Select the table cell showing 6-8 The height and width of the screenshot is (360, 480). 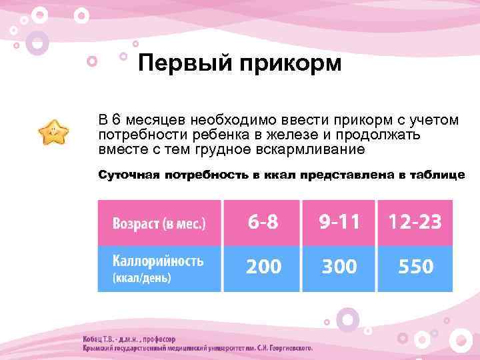click(263, 222)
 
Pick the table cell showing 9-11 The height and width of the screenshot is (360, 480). click(339, 222)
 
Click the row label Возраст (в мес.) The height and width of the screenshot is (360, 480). click(159, 223)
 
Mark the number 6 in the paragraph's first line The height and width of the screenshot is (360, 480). click(116, 121)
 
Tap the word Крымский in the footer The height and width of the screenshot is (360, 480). click(100, 348)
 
